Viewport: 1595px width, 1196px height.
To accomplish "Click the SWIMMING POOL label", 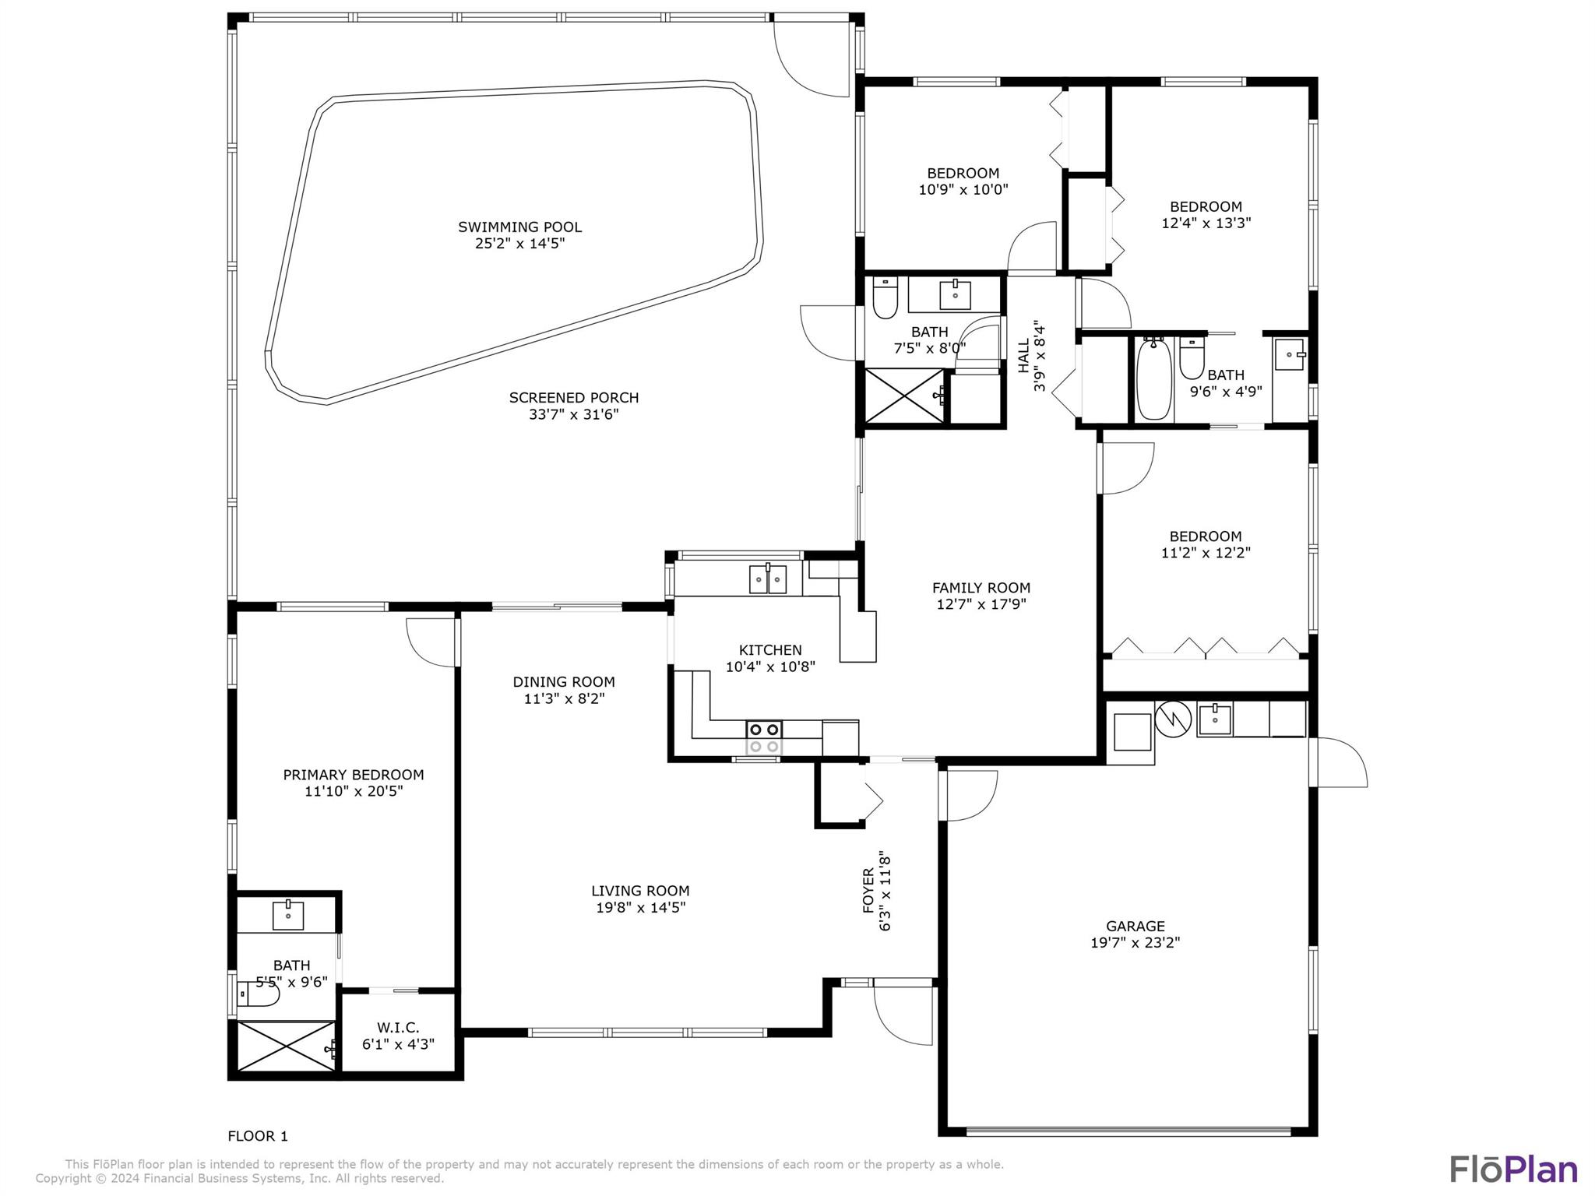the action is [519, 227].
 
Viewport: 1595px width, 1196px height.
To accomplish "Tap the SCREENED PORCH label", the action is [574, 398].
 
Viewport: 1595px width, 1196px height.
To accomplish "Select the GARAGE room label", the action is [1136, 927].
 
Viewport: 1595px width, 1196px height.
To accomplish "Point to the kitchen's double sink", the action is [768, 579].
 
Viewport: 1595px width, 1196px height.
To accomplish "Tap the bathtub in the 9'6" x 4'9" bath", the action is [1153, 378].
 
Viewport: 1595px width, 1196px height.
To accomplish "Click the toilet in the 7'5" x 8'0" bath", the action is [885, 298].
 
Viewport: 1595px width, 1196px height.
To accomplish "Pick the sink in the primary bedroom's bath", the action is [288, 915].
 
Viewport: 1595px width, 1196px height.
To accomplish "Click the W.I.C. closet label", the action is [398, 1028].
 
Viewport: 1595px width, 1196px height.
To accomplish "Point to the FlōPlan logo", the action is [1514, 1170].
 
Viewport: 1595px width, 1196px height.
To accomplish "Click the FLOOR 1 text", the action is [258, 1136].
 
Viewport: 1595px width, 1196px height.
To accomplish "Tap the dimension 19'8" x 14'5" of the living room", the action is [641, 908].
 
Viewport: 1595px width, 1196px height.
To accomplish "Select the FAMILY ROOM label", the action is [981, 588].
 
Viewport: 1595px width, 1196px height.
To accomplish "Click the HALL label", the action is [1023, 355].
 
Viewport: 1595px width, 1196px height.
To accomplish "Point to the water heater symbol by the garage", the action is [1174, 719].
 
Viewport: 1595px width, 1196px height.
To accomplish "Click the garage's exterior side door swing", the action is [1340, 762].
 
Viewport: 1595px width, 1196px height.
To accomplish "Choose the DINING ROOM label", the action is [564, 682].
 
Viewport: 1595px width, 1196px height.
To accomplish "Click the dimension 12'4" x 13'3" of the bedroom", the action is [1206, 223].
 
